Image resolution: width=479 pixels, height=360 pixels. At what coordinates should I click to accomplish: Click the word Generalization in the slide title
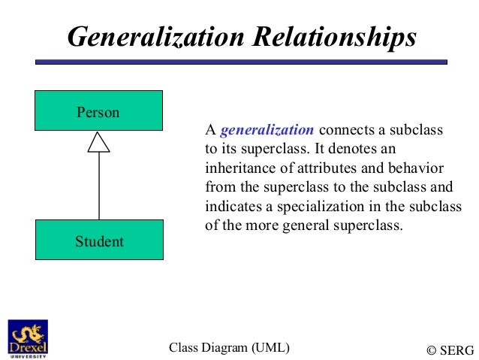(x=151, y=37)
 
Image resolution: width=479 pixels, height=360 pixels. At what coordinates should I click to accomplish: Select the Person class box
(x=98, y=110)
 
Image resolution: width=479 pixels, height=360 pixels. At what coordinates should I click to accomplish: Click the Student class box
(x=98, y=240)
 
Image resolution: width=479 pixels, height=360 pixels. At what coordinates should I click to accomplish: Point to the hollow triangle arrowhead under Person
(x=98, y=141)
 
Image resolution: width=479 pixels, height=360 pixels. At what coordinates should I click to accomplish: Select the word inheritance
(x=238, y=168)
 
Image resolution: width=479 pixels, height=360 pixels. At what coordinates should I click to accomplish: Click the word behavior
(x=417, y=168)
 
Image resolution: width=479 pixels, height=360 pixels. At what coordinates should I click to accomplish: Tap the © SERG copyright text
(x=450, y=349)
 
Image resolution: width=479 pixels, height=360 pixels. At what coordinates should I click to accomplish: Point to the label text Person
(x=98, y=113)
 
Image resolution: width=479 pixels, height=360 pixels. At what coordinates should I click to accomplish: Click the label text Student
(x=99, y=241)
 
